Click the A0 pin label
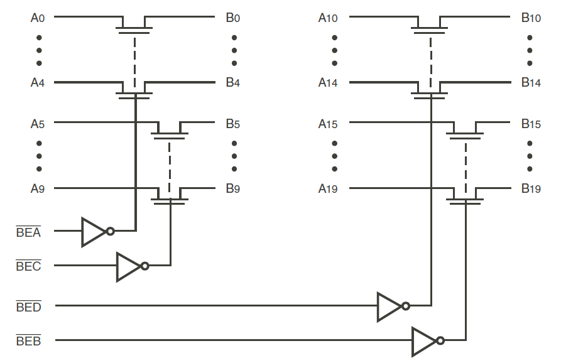click(x=38, y=18)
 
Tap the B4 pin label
click(x=233, y=83)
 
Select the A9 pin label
click(x=38, y=188)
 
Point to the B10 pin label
click(x=531, y=18)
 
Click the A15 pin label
click(x=328, y=124)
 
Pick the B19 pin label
click(x=531, y=188)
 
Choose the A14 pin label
click(x=328, y=83)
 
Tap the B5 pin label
click(x=233, y=124)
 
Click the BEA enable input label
click(x=29, y=232)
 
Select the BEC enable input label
click(x=29, y=266)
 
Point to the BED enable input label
click(x=29, y=307)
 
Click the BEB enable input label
click(x=29, y=341)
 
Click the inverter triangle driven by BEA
click(x=94, y=232)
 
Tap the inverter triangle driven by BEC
click(x=128, y=266)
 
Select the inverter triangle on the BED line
click(x=389, y=306)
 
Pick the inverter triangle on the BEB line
click(x=424, y=341)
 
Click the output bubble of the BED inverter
click(x=406, y=306)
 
